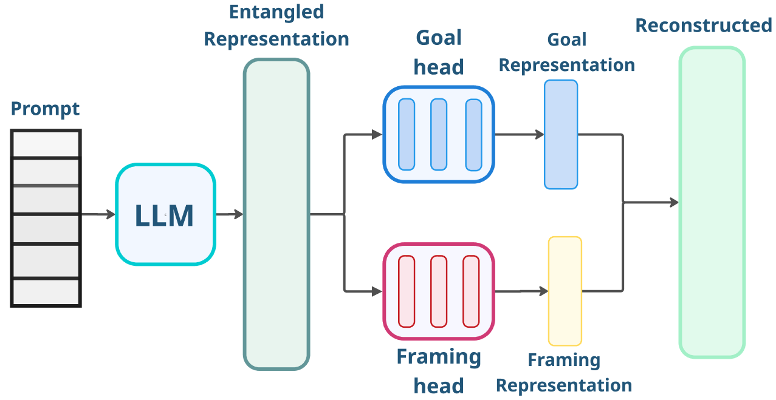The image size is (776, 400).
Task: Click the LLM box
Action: [165, 214]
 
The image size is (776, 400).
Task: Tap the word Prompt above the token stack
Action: [46, 109]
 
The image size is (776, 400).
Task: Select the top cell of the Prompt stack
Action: [46, 144]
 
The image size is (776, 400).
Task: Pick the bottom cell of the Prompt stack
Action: [46, 292]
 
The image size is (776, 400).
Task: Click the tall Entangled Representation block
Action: [276, 214]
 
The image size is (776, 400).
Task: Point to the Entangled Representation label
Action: [276, 25]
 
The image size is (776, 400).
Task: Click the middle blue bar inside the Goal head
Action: [439, 134]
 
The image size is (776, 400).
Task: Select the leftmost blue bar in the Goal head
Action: [407, 134]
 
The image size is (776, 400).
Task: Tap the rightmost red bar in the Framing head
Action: [471, 291]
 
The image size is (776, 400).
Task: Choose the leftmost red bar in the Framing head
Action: [407, 291]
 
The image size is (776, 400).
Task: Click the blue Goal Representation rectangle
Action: [561, 134]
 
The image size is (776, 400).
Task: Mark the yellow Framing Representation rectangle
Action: [565, 291]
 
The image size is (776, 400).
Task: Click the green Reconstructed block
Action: [712, 202]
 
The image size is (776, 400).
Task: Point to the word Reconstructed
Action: [704, 25]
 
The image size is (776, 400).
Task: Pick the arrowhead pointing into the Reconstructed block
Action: [674, 202]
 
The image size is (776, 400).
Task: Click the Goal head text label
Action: [439, 52]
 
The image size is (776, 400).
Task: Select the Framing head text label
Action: [439, 371]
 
